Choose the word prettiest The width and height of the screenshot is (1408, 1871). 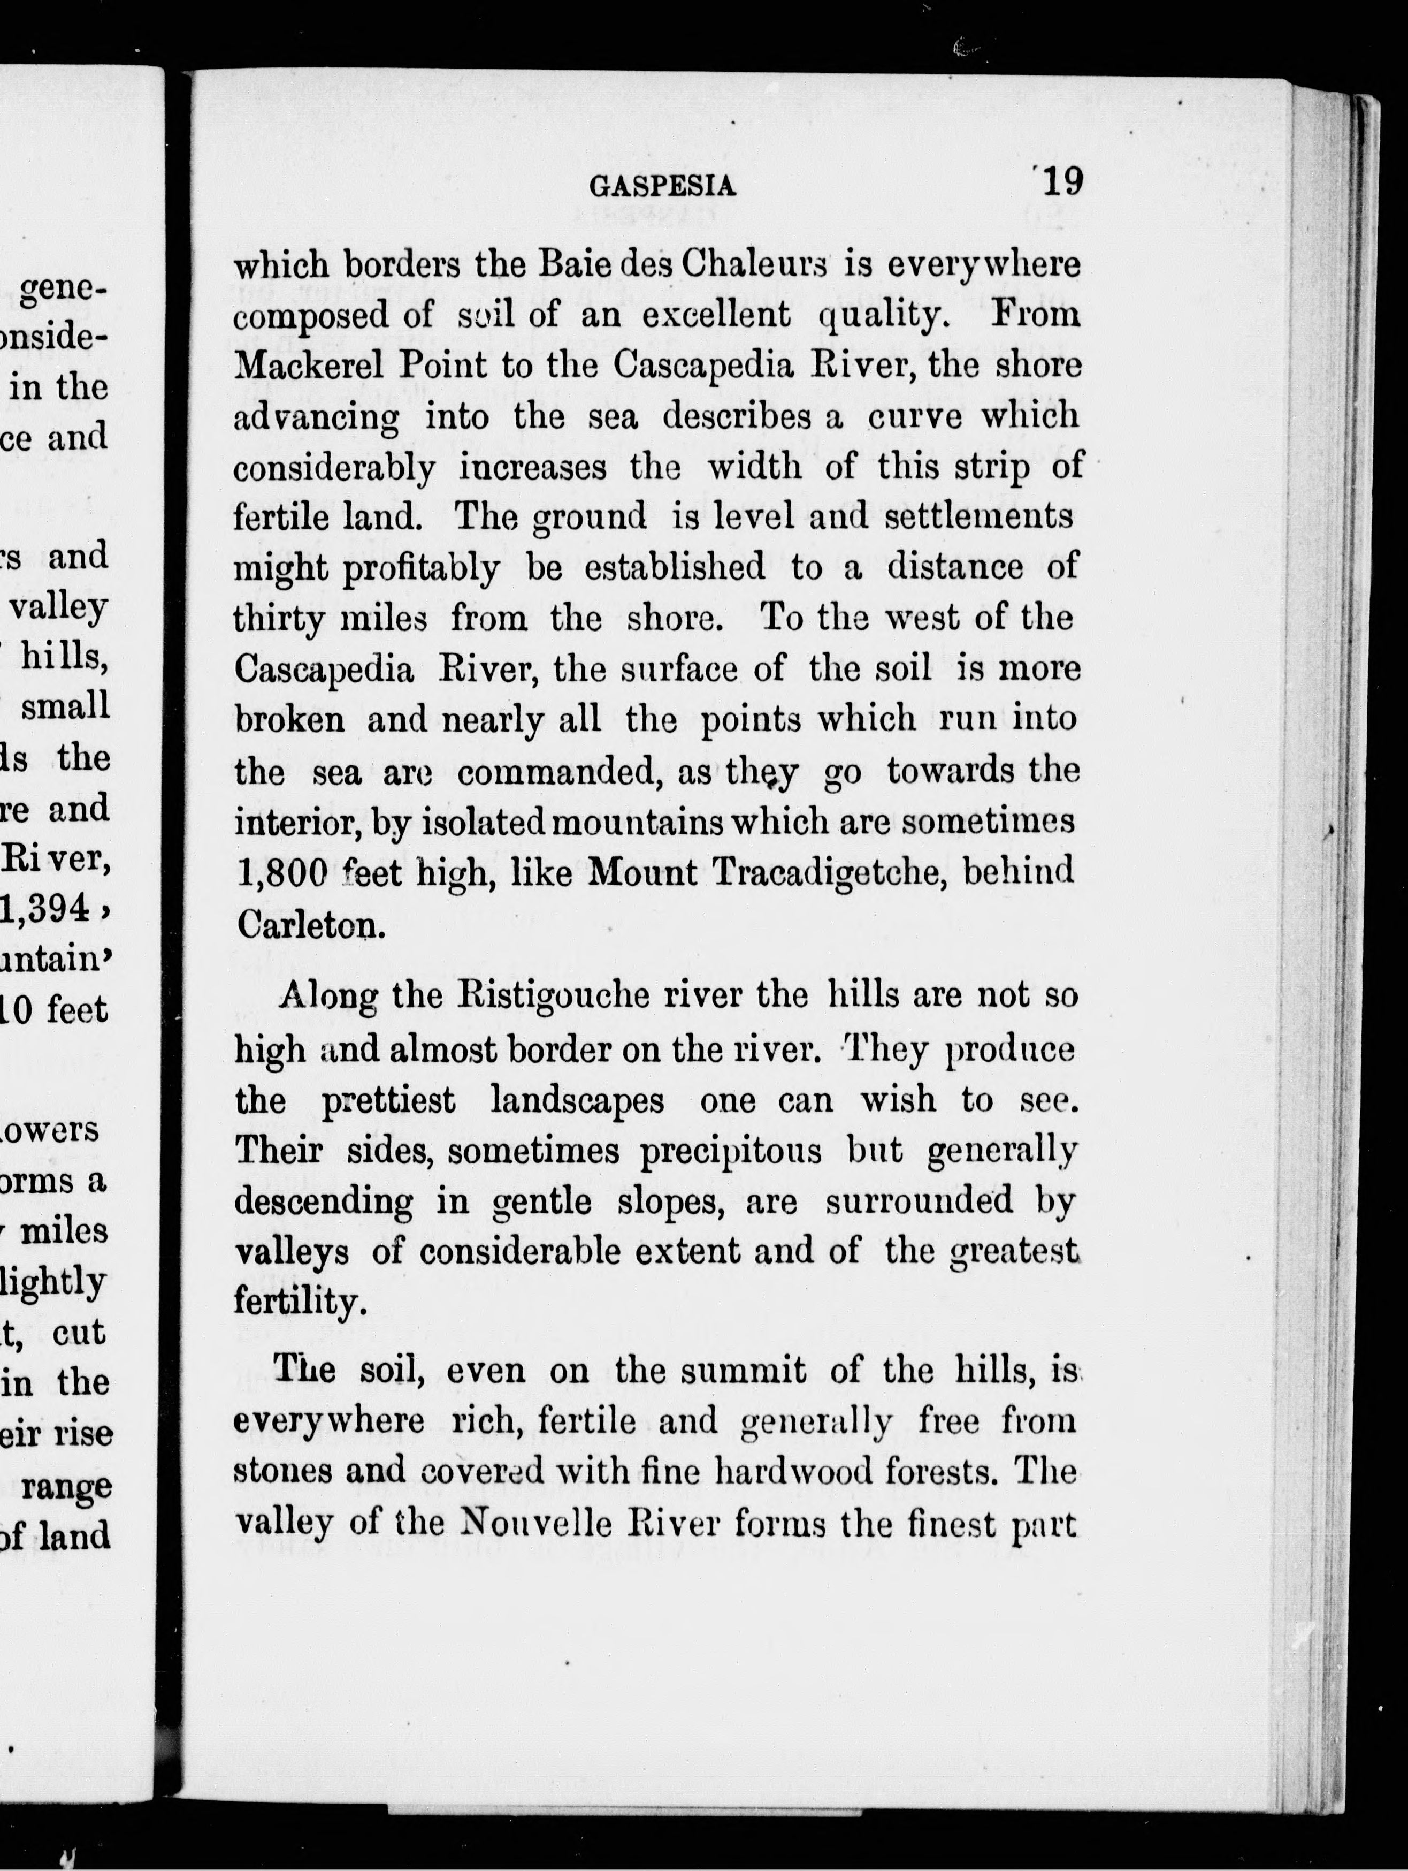click(388, 1100)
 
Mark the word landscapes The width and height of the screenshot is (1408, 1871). click(577, 1100)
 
